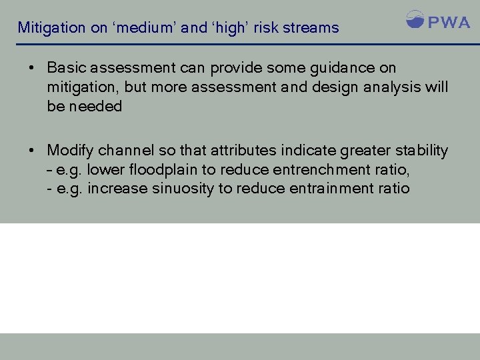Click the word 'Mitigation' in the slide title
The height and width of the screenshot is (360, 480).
[x=51, y=28]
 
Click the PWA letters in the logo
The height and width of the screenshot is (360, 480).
[x=449, y=22]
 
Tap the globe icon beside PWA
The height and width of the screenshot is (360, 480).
[x=415, y=19]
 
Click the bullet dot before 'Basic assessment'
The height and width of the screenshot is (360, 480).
[x=31, y=68]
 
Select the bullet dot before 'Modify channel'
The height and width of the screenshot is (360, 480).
[x=31, y=151]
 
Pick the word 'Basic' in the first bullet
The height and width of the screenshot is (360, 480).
[x=65, y=68]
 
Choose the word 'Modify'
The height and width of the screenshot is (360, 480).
[x=69, y=151]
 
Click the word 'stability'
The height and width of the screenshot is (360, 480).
[x=421, y=151]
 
